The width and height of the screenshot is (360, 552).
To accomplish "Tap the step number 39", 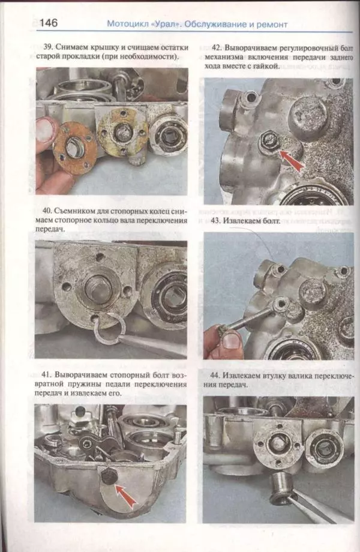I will (49, 47).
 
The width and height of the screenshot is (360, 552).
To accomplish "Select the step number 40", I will (49, 211).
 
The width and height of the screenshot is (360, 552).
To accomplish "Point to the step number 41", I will (49, 374).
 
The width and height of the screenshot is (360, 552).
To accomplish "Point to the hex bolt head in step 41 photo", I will (108, 476).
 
